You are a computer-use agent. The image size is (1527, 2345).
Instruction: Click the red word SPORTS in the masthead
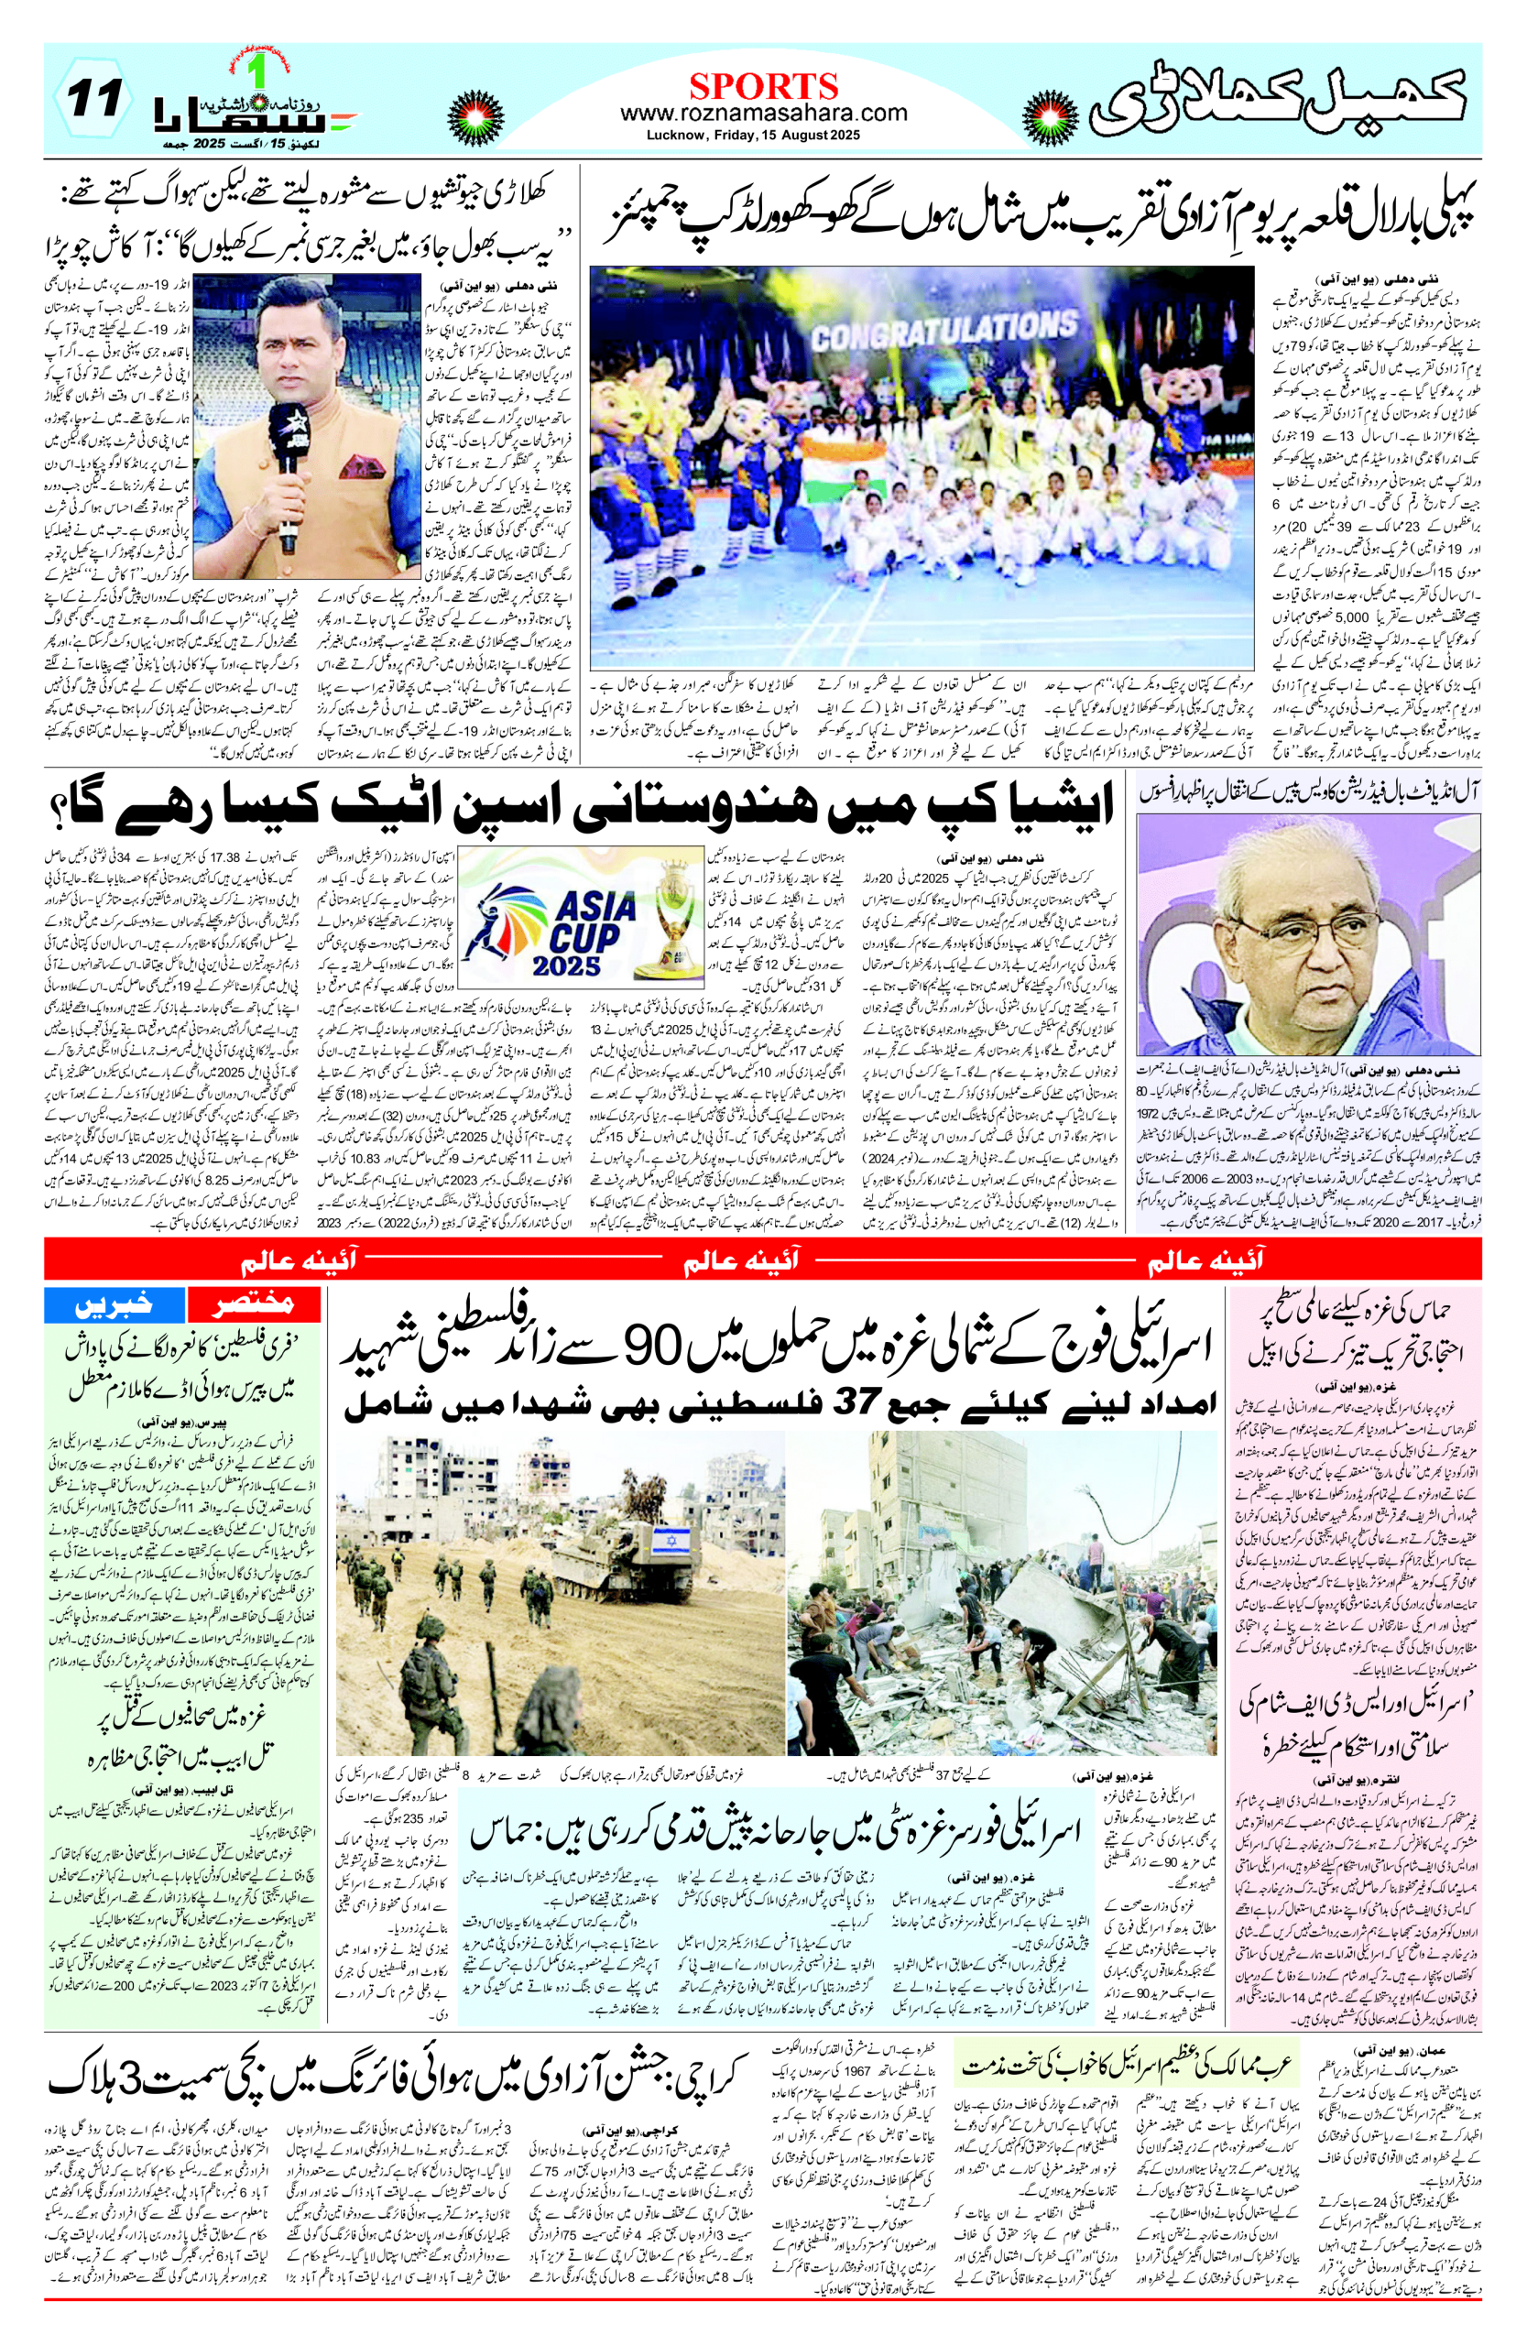click(764, 86)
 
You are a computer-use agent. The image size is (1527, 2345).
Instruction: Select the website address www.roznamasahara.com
click(764, 113)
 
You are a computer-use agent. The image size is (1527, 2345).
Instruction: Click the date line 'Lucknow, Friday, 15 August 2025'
click(754, 135)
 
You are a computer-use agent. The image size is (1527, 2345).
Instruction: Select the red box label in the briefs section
click(254, 1303)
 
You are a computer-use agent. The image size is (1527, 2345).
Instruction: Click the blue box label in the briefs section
click(115, 1303)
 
